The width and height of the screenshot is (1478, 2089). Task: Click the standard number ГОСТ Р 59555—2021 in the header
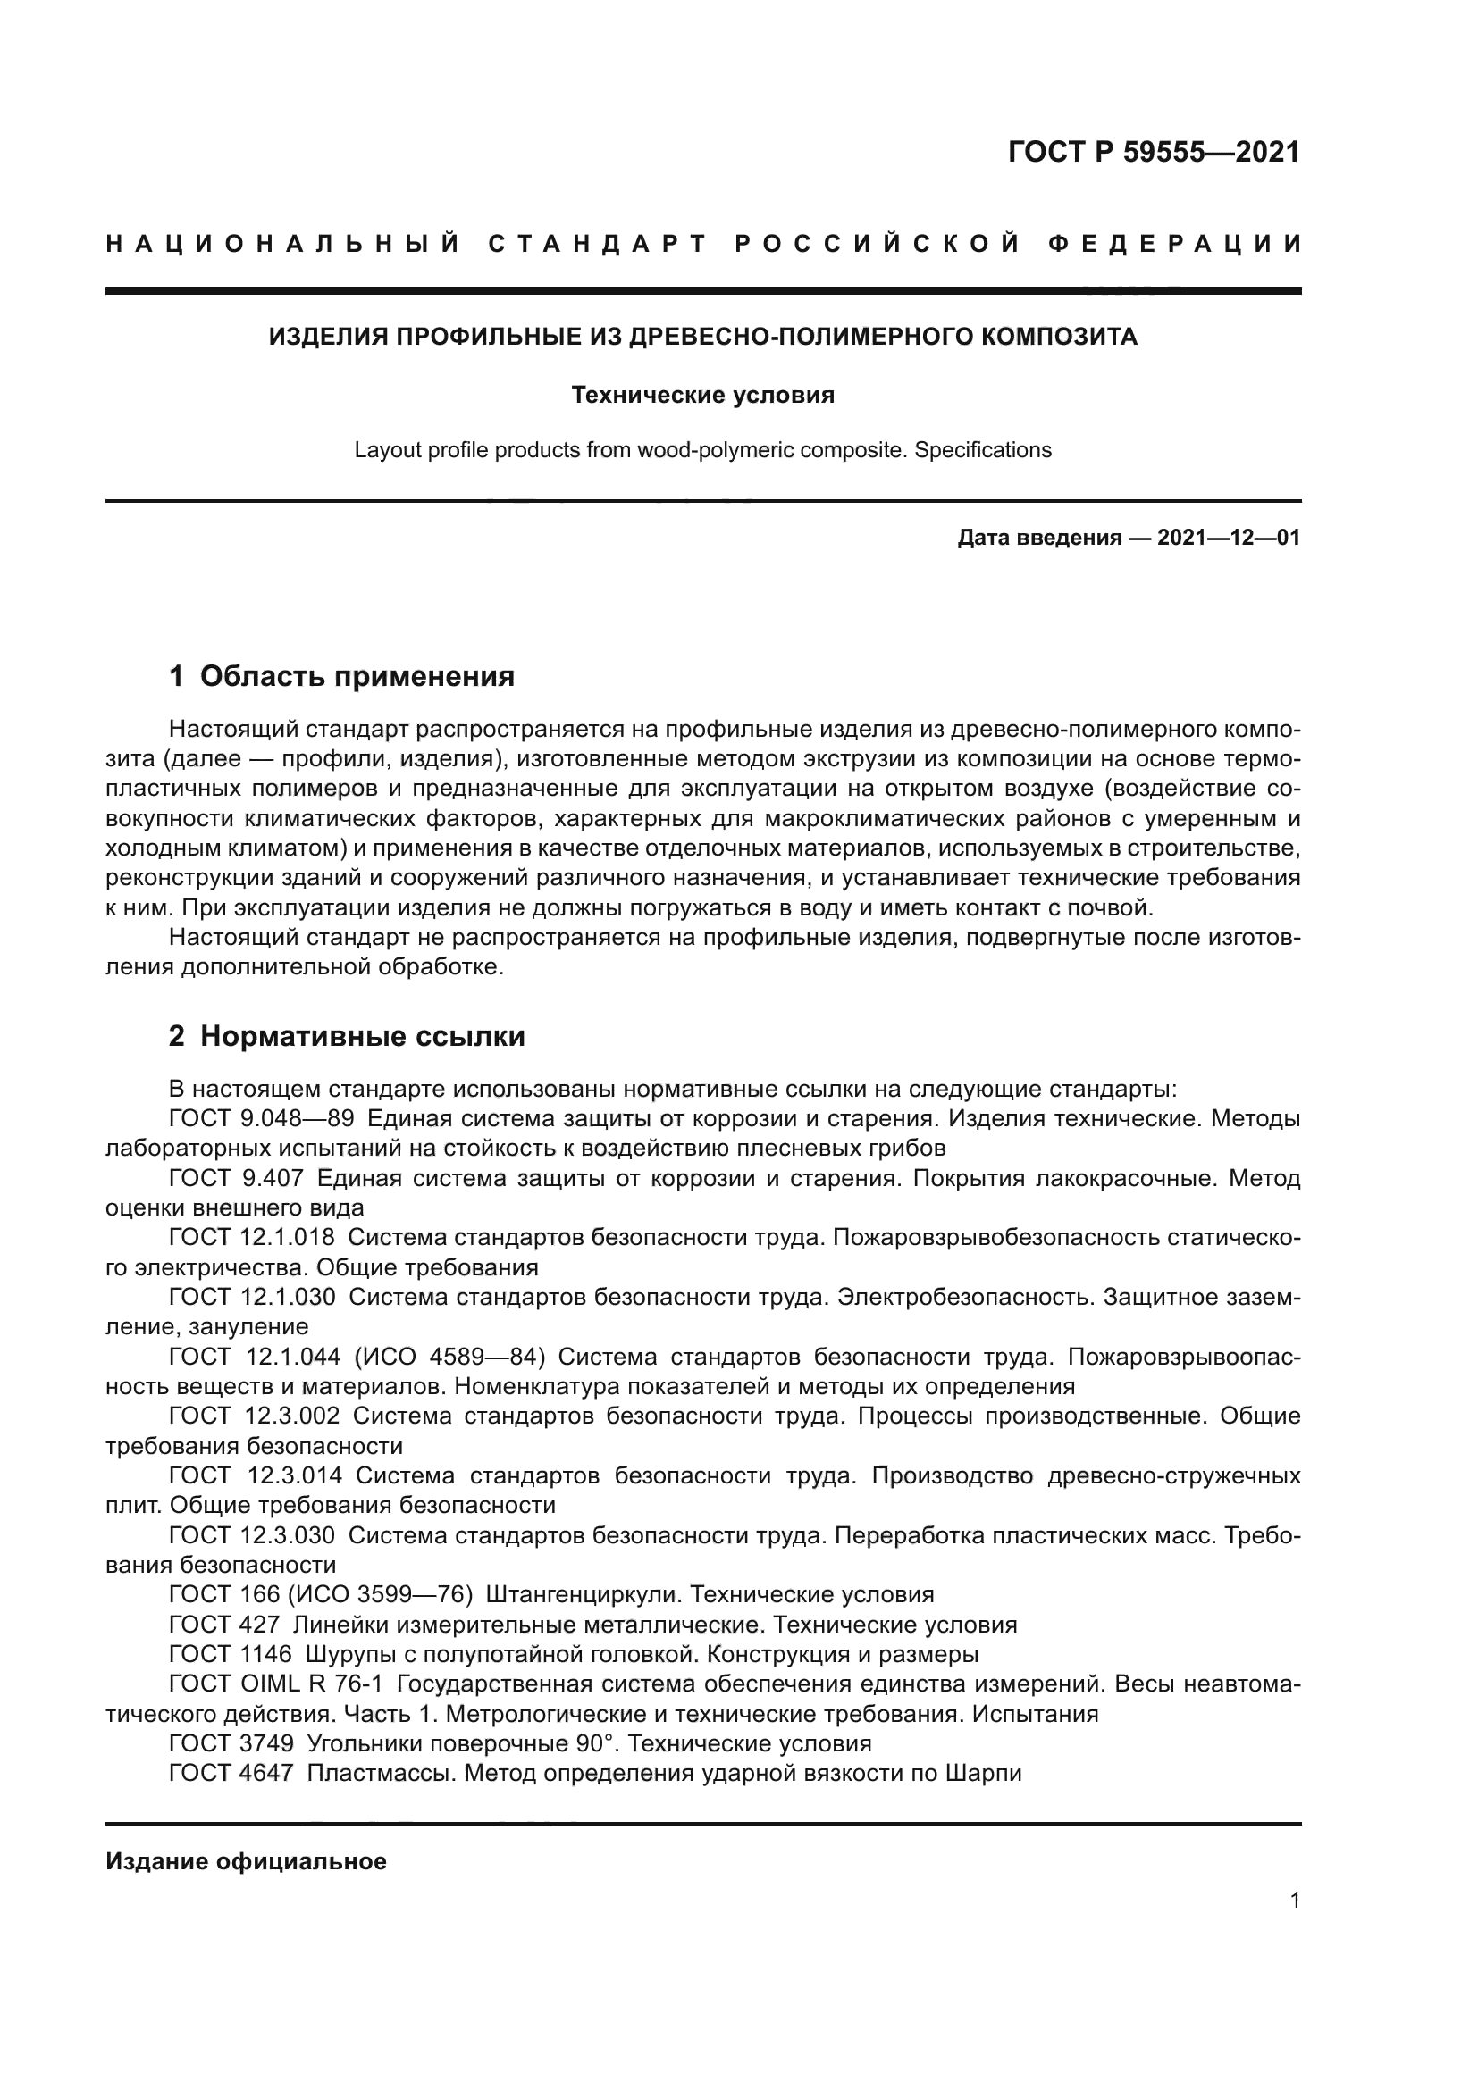pyautogui.click(x=1153, y=152)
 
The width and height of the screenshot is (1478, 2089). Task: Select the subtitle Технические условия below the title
pyautogui.click(x=702, y=395)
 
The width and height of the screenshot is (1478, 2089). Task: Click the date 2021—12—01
pyautogui.click(x=1228, y=538)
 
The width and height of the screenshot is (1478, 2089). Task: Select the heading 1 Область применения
pyautogui.click(x=341, y=676)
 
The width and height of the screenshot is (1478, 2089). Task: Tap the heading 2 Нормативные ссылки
pyautogui.click(x=347, y=1036)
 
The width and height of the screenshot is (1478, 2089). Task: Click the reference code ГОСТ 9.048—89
pyautogui.click(x=261, y=1119)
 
